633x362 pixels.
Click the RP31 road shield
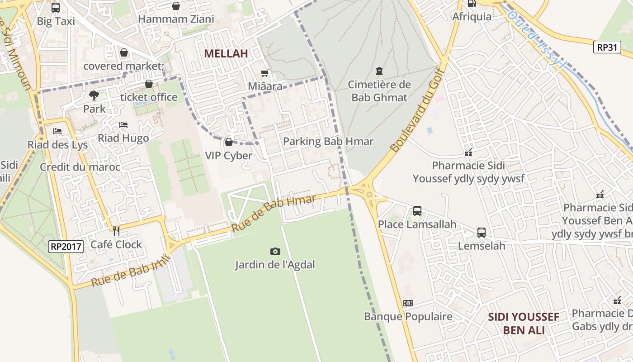[607, 47]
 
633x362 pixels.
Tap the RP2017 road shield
[66, 247]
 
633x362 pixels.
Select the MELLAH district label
[226, 53]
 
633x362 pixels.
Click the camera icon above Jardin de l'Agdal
[275, 251]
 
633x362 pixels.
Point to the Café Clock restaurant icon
[116, 231]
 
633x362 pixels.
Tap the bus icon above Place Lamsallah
[417, 211]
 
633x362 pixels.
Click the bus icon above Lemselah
[482, 233]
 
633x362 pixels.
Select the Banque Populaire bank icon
[408, 303]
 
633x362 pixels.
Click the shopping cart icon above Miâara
[265, 73]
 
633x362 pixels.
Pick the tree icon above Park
[94, 95]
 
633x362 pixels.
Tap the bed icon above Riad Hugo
[123, 125]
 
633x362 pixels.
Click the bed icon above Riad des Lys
[57, 131]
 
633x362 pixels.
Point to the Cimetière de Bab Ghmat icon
[379, 71]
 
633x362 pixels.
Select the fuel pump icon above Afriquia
[472, 4]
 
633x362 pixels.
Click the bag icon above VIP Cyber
[228, 143]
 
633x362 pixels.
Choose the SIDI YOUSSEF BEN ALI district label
[524, 323]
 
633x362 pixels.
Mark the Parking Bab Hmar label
[328, 142]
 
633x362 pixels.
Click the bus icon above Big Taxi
[56, 7]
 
